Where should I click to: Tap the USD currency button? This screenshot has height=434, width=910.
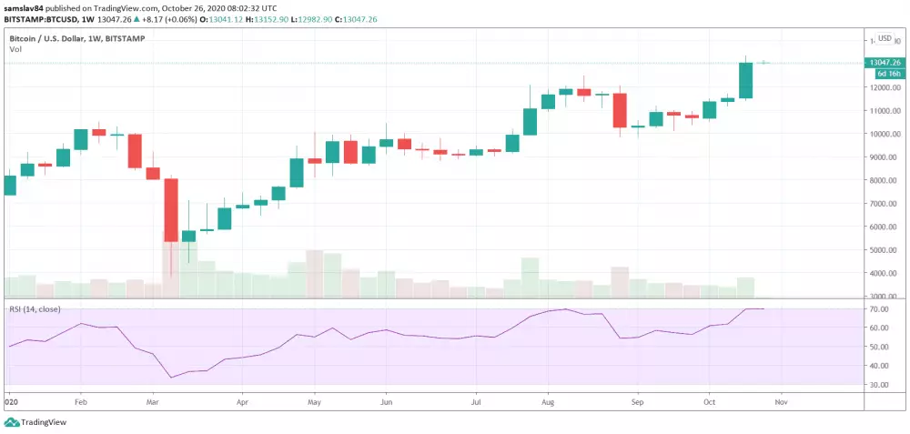point(884,38)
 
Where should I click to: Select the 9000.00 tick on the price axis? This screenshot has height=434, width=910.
point(884,157)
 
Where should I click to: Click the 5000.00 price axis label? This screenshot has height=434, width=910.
point(884,250)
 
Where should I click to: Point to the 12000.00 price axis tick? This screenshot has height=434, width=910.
point(884,88)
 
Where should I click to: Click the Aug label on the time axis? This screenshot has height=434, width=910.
point(548,400)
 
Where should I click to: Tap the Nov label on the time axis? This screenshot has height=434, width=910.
point(780,400)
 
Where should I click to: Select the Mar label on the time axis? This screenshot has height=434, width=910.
point(153,400)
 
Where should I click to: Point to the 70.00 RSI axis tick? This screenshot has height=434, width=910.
point(878,310)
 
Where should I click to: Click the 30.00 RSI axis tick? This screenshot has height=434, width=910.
point(878,385)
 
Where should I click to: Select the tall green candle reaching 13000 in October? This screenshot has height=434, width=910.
point(745,80)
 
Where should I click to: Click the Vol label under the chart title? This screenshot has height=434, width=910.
point(15,50)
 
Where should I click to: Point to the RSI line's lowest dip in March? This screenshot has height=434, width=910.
point(171,377)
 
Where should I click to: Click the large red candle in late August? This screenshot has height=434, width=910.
point(620,110)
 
